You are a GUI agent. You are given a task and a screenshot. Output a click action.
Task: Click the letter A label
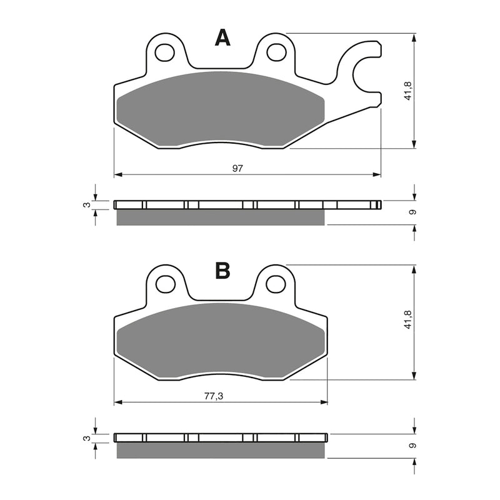222,38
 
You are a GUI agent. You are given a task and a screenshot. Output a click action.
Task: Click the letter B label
222,271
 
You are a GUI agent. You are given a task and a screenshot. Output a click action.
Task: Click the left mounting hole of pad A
165,52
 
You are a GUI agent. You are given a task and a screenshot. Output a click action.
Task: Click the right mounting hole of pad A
276,52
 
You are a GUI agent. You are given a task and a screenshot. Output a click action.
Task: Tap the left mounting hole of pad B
165,284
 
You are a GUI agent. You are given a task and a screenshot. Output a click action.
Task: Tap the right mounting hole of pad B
276,284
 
